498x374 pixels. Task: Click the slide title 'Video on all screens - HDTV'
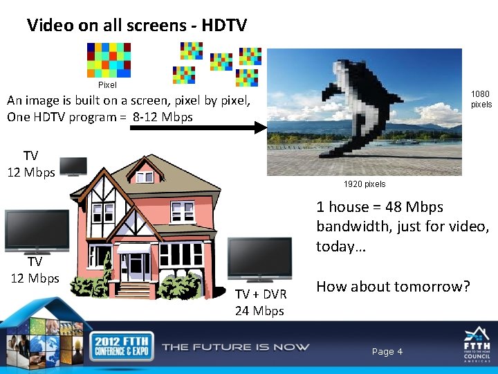tap(136, 26)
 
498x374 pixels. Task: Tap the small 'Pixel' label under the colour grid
tap(107, 85)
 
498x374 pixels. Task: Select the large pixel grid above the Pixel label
tap(109, 60)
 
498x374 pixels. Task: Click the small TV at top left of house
tap(73, 167)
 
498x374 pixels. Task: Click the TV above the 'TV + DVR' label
tap(259, 259)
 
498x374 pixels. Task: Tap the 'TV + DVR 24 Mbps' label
tap(259, 302)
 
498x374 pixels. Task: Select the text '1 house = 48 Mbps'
tap(380, 206)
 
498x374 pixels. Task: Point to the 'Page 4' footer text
tap(387, 352)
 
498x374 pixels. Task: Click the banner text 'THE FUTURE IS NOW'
tap(236, 346)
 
